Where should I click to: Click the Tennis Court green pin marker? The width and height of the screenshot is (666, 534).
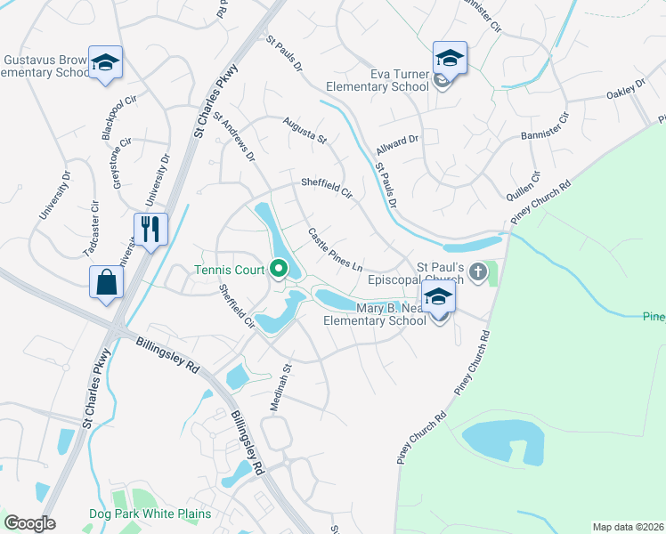pos(279,267)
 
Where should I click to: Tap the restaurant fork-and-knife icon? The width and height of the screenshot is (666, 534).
pos(150,229)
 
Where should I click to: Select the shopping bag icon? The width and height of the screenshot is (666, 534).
pos(106,282)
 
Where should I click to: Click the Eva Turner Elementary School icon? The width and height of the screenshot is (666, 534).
pos(450,58)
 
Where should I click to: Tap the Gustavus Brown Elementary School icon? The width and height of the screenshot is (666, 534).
pos(106,62)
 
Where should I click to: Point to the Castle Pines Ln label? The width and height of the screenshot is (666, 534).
pos(336,250)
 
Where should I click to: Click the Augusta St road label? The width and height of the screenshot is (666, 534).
pos(305,130)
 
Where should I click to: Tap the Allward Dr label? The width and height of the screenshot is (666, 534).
pos(397,142)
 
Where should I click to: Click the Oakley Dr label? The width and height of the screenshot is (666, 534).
pos(626,90)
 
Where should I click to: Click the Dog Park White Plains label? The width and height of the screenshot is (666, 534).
pos(150,514)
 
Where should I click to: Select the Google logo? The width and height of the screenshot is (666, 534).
pos(30,523)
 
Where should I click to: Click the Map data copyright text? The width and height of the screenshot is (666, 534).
pos(628,527)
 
